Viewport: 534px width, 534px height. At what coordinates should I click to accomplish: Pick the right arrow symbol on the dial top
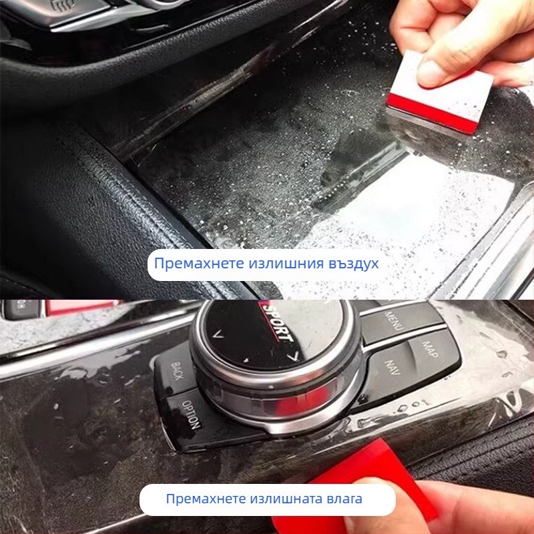(x=292, y=358)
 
